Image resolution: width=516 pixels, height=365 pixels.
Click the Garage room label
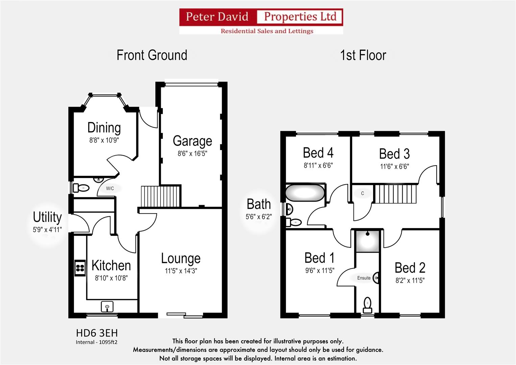coord(192,141)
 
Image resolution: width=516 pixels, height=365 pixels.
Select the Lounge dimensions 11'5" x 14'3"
coord(181,271)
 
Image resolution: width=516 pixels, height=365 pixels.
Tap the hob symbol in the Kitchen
coord(80,268)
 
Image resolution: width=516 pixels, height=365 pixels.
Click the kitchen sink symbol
coord(107,307)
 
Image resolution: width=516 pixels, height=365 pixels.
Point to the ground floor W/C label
coord(110,189)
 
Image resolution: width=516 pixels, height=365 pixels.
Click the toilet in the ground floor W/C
coord(81,188)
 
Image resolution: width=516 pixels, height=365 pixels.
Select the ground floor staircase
coord(161,196)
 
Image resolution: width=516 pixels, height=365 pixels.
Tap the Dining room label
coord(104,128)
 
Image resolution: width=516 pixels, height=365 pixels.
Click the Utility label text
coord(47,217)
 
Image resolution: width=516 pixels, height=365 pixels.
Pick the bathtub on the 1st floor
coord(305,193)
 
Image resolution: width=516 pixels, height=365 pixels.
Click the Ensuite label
coord(364,278)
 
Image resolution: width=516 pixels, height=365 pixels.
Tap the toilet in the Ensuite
coord(367,305)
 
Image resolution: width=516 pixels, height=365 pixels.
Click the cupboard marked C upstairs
coord(363,194)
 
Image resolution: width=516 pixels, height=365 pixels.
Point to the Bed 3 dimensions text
coord(394,166)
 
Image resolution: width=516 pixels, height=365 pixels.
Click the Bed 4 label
coord(318,153)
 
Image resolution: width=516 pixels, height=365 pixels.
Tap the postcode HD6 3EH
coord(97,333)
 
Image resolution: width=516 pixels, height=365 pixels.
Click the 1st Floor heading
coord(363,55)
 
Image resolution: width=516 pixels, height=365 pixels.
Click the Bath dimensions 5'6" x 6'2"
coord(259,217)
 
